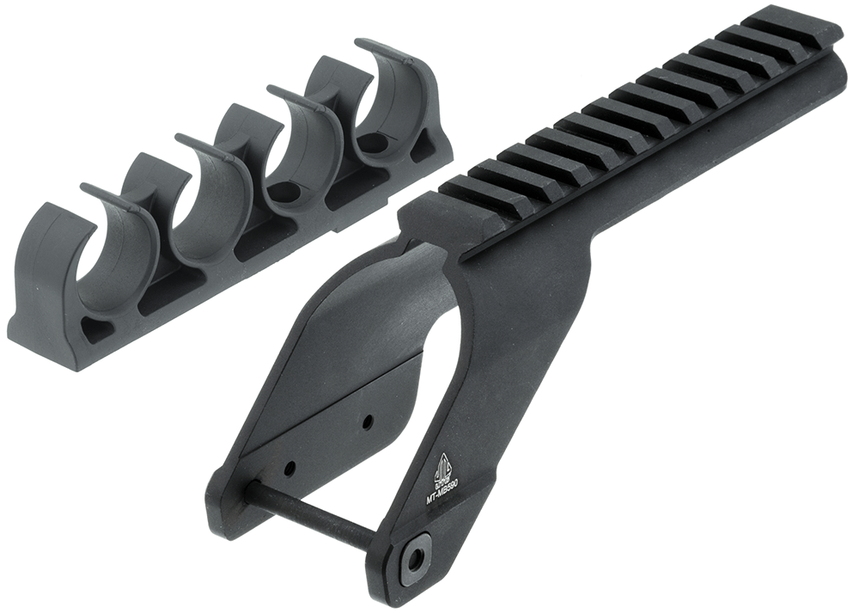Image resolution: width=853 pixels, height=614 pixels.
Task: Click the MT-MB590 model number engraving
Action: (x=442, y=489)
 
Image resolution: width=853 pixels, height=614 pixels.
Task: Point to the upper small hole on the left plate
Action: (x=367, y=421)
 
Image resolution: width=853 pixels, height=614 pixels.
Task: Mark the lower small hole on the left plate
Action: (x=289, y=469)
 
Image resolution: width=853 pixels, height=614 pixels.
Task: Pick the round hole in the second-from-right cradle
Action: (x=284, y=191)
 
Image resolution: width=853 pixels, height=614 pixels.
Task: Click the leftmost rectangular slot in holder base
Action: (x=163, y=298)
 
